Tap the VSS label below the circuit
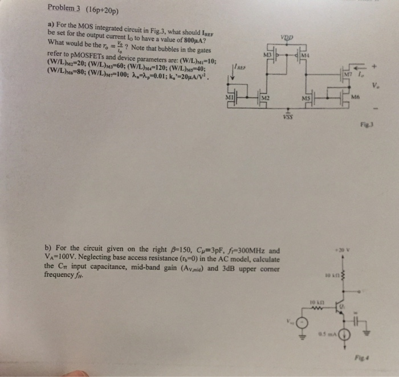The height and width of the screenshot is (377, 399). coord(289,117)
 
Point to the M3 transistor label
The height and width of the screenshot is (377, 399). coord(265,55)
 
